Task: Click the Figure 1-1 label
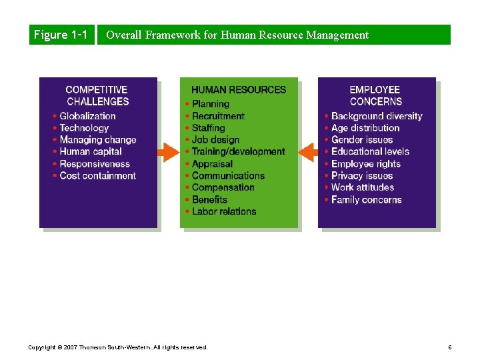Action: pos(60,35)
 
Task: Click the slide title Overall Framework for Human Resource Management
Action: pos(237,35)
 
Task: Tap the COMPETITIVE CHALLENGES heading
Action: pos(97,95)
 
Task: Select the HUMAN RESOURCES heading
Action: pos(239,90)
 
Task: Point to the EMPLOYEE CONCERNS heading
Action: pos(375,95)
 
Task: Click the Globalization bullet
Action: pos(87,116)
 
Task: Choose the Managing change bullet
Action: pos(97,140)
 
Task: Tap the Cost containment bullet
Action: pos(97,176)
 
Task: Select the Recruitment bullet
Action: pos(218,116)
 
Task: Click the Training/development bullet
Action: pos(238,152)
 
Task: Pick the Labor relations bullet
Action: pos(224,211)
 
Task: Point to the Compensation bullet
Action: pos(223,187)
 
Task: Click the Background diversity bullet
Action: pos(377,116)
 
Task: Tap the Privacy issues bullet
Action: pos(362,176)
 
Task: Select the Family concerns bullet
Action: pos(366,199)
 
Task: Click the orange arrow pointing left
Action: pos(308,152)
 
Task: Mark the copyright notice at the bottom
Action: pos(118,347)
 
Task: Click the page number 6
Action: pos(450,347)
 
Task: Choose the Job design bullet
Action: pos(215,140)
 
